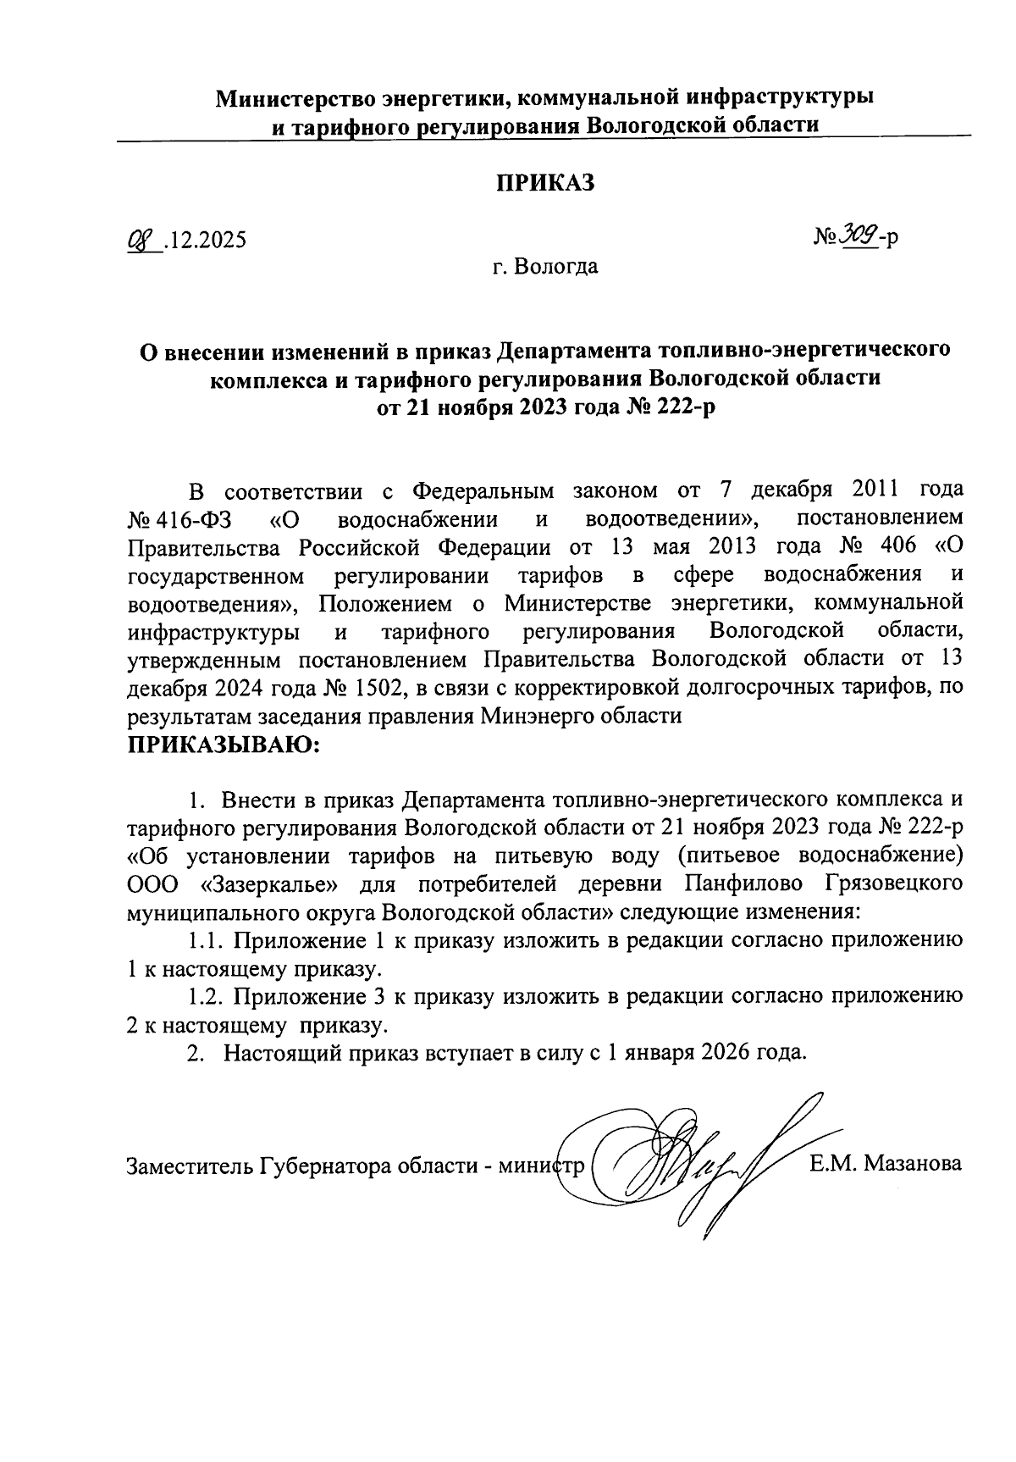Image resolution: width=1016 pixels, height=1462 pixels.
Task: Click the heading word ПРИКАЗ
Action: [545, 183]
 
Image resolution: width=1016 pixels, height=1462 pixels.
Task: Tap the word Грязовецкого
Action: [893, 883]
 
